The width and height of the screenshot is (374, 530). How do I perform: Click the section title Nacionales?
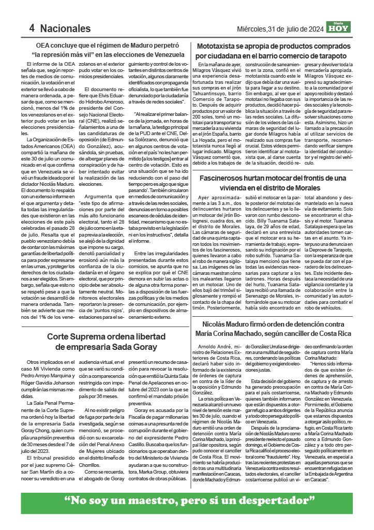tap(65, 28)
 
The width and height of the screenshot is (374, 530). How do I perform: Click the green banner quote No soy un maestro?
tap(189, 501)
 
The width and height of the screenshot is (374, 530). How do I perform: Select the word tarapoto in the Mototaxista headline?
tap(328, 55)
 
